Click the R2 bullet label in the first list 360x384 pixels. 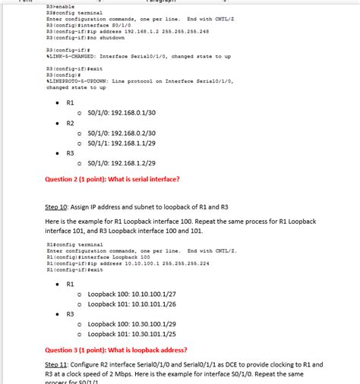(70, 122)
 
